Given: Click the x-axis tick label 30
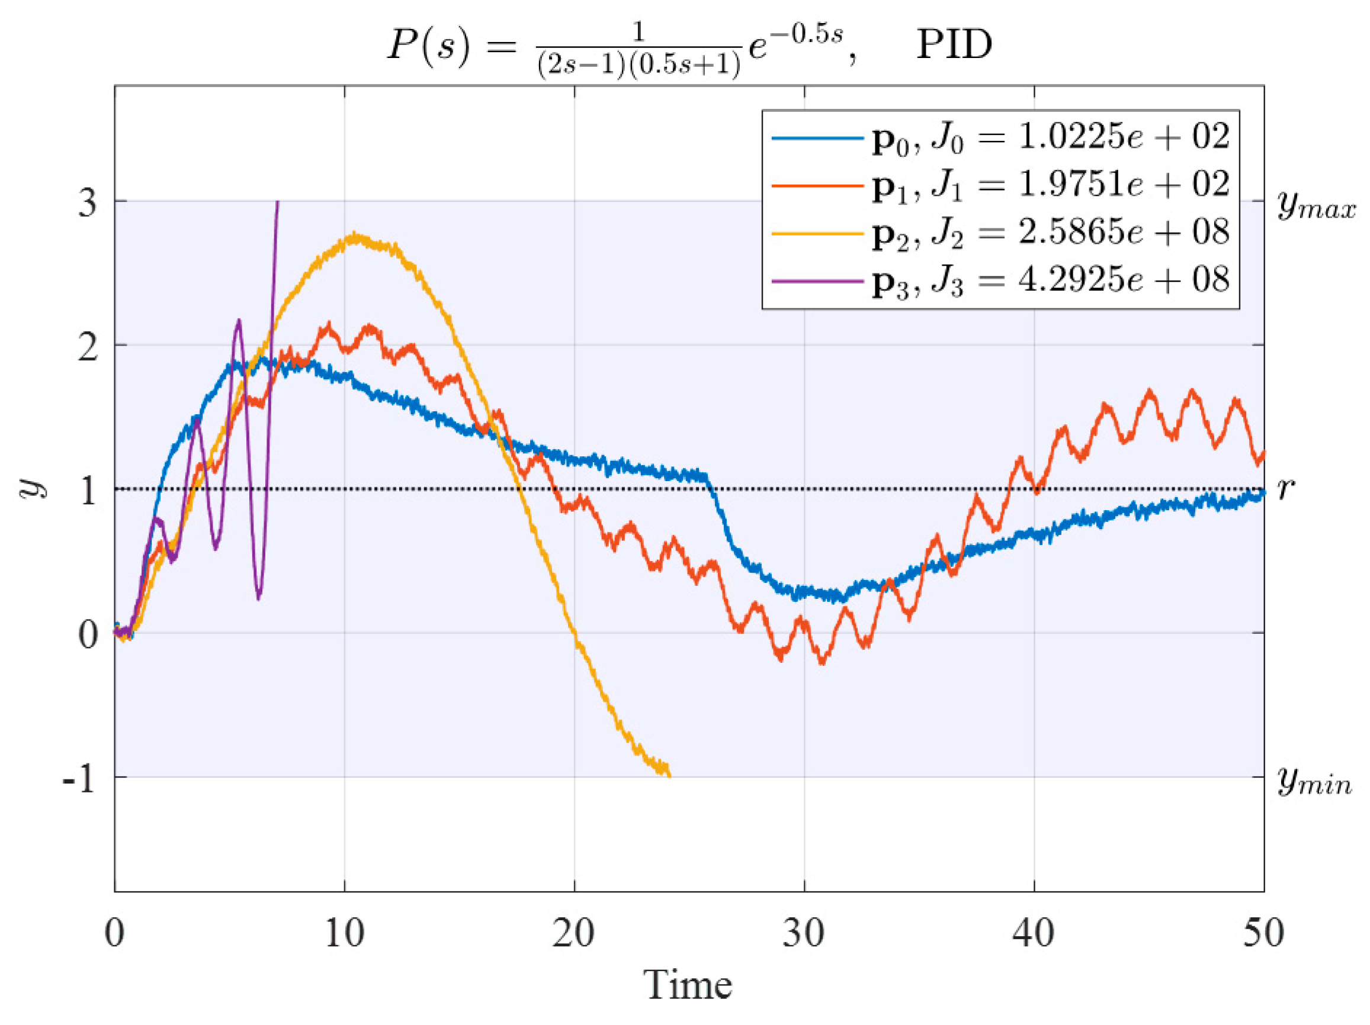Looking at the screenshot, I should [803, 933].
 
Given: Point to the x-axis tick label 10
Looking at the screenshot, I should [344, 933].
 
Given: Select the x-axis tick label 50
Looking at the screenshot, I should [1263, 933].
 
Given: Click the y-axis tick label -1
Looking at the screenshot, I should [79, 779].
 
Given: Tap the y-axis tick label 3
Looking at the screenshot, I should [87, 202].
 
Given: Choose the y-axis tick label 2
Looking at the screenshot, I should [87, 347].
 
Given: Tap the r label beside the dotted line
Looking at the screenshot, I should [1285, 489].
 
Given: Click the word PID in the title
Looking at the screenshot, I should [954, 44].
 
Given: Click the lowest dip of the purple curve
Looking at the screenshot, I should [259, 597].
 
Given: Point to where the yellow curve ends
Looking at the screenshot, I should [668, 775].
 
